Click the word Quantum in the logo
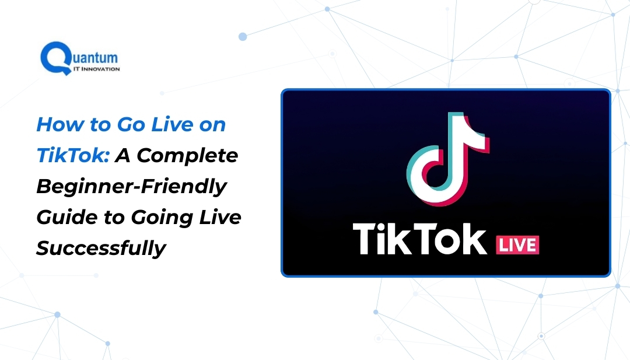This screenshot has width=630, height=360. [93, 57]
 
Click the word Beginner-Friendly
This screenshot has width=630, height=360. [131, 187]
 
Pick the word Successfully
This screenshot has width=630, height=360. [101, 249]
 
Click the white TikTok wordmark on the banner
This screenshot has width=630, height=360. [419, 238]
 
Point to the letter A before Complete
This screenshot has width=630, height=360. [124, 156]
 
